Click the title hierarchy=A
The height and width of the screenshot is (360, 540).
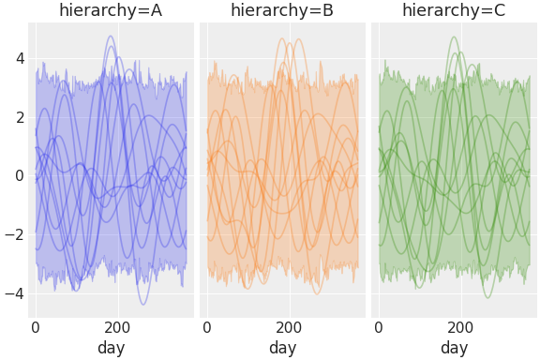tap(111, 10)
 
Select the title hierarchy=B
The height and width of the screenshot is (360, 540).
tap(282, 10)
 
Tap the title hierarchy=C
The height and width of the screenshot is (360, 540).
tap(454, 10)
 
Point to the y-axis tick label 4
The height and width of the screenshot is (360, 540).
tap(19, 58)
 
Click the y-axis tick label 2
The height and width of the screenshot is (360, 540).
tap(19, 117)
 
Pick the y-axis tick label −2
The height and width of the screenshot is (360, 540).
tap(15, 234)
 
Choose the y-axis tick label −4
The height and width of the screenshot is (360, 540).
tap(15, 293)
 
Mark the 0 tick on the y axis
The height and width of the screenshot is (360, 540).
tap(19, 175)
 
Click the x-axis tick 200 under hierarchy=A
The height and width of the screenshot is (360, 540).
tap(118, 328)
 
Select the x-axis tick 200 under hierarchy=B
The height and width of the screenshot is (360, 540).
tap(290, 328)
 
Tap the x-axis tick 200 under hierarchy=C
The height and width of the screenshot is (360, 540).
tap(461, 328)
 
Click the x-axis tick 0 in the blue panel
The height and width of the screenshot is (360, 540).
tap(36, 328)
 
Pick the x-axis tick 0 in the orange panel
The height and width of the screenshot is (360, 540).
tap(207, 328)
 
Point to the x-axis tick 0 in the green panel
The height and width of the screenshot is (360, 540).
tap(379, 328)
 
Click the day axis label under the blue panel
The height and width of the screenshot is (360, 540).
tap(111, 349)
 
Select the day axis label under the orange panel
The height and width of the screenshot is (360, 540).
tap(282, 349)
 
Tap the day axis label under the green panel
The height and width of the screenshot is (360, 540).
tap(454, 349)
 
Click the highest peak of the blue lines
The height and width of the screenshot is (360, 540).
tap(111, 37)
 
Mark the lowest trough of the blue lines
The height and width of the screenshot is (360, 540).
tap(143, 304)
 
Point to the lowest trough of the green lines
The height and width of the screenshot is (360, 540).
tap(487, 297)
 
